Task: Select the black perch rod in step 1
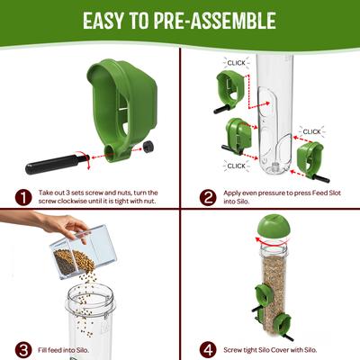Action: (53, 167)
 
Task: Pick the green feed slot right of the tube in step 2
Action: (309, 154)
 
